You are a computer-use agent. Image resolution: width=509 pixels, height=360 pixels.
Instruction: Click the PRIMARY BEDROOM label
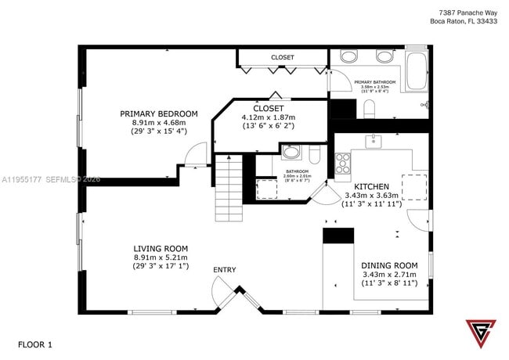pyautogui.click(x=159, y=114)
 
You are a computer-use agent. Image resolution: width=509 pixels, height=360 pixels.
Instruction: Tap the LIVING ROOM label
pyautogui.click(x=160, y=248)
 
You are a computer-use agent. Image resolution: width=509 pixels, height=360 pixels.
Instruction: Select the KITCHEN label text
pyautogui.click(x=372, y=186)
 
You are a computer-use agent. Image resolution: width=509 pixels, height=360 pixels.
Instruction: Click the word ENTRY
pyautogui.click(x=225, y=270)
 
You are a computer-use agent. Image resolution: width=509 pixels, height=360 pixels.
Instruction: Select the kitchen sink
pyautogui.click(x=374, y=141)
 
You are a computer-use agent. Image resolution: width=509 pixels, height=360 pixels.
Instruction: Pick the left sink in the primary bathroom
pyautogui.click(x=349, y=56)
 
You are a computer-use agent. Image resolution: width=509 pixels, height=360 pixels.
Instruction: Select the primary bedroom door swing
pyautogui.click(x=196, y=153)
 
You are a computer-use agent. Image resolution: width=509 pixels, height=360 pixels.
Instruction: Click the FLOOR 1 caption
pyautogui.click(x=35, y=344)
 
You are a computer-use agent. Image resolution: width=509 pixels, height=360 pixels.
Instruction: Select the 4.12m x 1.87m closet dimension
pyautogui.click(x=269, y=117)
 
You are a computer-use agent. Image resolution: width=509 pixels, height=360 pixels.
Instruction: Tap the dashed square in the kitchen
pyautogui.click(x=415, y=187)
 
